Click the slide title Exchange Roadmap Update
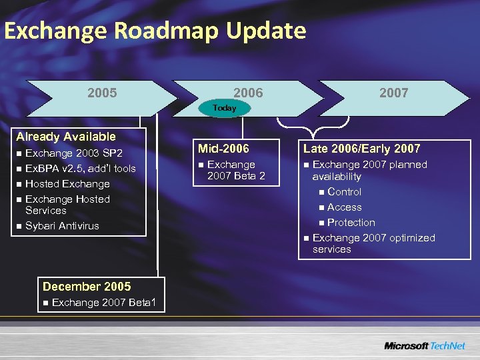pos(155,31)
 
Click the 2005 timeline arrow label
pos(102,93)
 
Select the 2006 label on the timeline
pos(248,93)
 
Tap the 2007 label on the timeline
pos(393,93)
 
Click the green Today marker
pos(225,108)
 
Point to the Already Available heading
pos(66,137)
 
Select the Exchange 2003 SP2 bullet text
pos(73,153)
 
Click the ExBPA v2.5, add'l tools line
pos(80,169)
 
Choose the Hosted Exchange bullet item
pos(67,184)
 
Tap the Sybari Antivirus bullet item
pos(62,226)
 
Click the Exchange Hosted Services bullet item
pos(67,205)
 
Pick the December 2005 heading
pos(87,287)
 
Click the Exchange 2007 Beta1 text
pos(104,303)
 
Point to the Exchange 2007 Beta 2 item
pos(235,170)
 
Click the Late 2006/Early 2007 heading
pos(362,149)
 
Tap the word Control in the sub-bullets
pos(345,192)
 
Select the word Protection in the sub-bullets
pos(351,223)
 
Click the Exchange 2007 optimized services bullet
pos(373,243)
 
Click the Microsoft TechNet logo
pos(424,346)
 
